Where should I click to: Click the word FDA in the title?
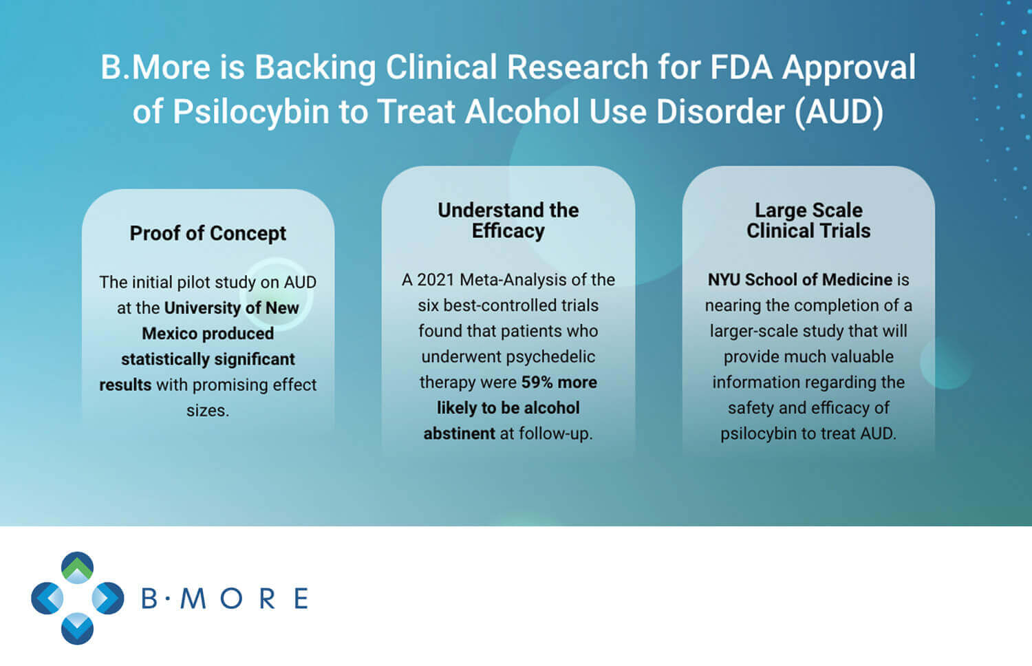[x=741, y=67]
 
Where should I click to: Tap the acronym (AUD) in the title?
[x=839, y=112]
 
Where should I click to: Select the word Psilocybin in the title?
[x=251, y=113]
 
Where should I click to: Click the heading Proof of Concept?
[x=208, y=233]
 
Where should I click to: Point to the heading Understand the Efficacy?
[x=508, y=221]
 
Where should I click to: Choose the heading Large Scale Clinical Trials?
[x=808, y=221]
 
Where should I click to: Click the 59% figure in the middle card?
[x=537, y=383]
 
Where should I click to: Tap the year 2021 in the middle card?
[x=436, y=279]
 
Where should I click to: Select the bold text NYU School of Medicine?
[x=799, y=279]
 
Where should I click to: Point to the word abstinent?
[x=460, y=433]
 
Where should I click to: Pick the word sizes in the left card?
[x=208, y=410]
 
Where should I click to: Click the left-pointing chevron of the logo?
[x=47, y=599]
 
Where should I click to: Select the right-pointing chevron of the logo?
[x=108, y=599]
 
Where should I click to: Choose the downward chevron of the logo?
[x=77, y=629]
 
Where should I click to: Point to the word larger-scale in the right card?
[x=753, y=332]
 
